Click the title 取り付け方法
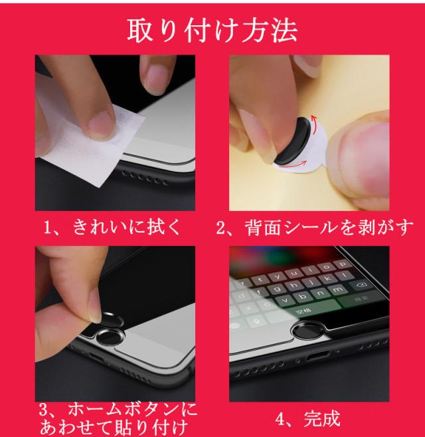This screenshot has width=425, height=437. [212, 30]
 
